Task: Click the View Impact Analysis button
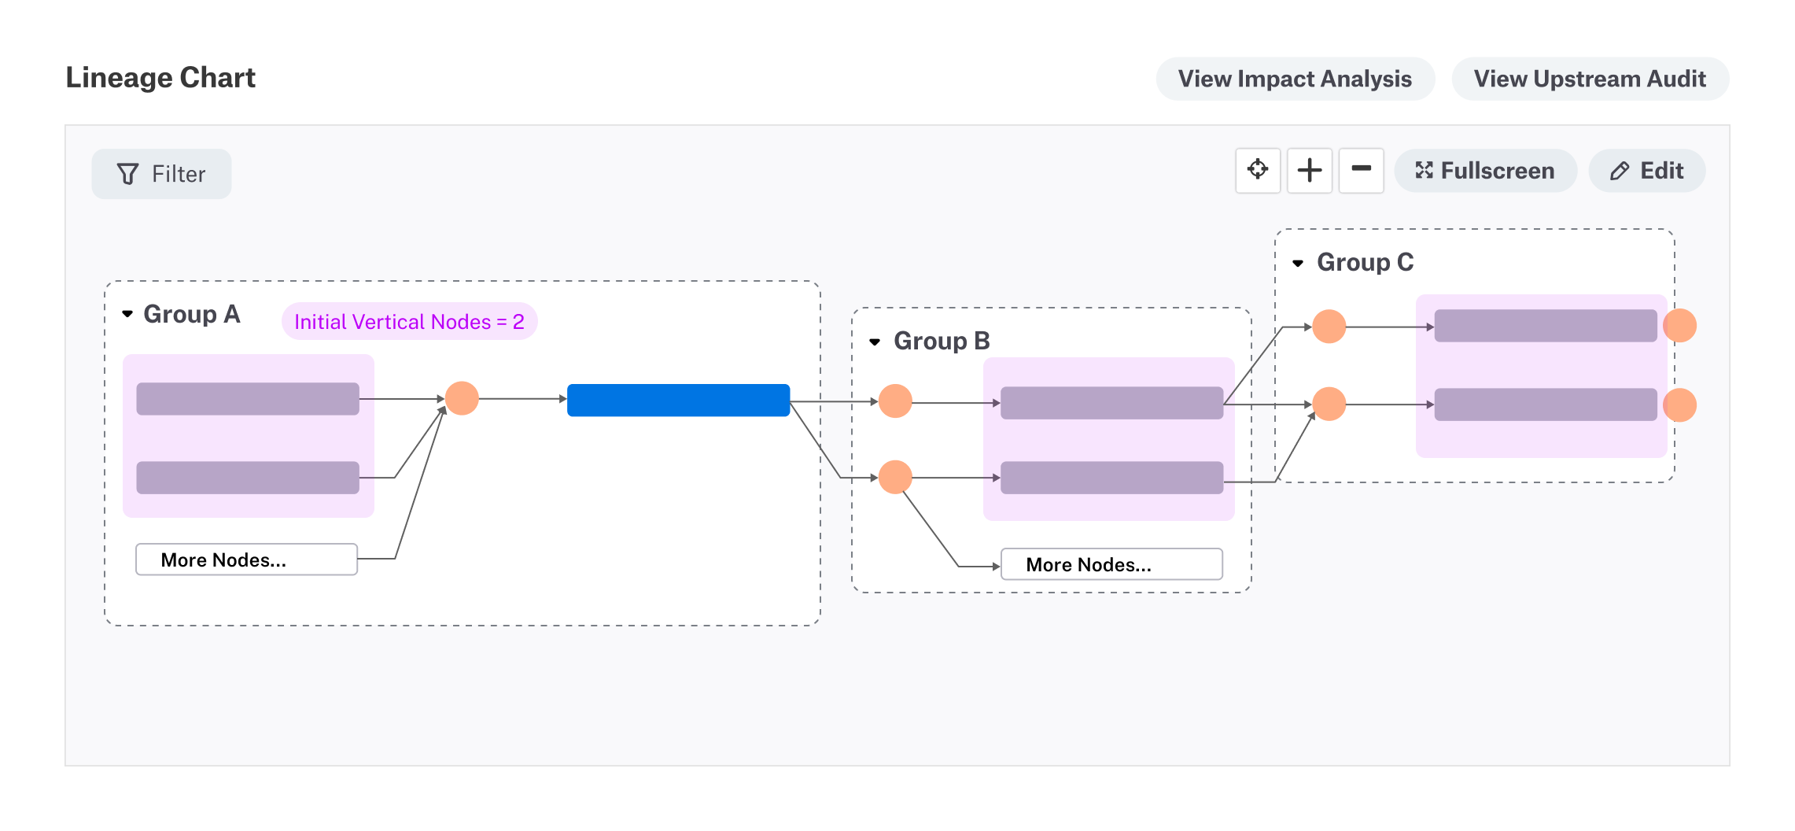click(x=1295, y=79)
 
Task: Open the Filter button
click(x=161, y=174)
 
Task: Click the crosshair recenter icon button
click(x=1257, y=170)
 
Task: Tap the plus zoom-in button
click(x=1309, y=170)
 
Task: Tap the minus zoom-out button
click(x=1361, y=170)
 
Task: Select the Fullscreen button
click(x=1485, y=171)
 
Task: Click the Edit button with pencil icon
click(x=1646, y=171)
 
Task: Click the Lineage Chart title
click(x=160, y=78)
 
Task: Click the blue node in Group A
click(x=678, y=400)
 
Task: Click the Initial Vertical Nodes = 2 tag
click(x=409, y=321)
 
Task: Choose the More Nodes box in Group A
click(x=246, y=560)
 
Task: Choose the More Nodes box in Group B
click(x=1111, y=564)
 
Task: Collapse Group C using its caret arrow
click(x=1298, y=263)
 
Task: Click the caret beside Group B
click(x=875, y=342)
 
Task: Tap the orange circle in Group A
click(x=462, y=398)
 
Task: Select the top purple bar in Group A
click(x=248, y=398)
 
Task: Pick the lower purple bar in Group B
click(x=1111, y=478)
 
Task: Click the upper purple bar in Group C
click(x=1545, y=325)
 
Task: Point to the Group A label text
click(x=191, y=314)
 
